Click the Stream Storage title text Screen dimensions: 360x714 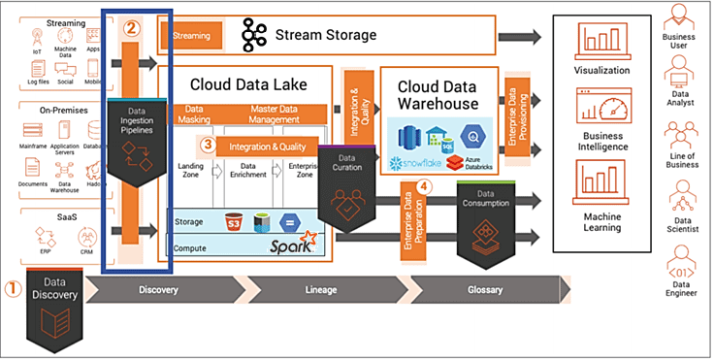point(326,36)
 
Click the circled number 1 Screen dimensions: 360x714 point(13,289)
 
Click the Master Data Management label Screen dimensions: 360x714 point(278,114)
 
